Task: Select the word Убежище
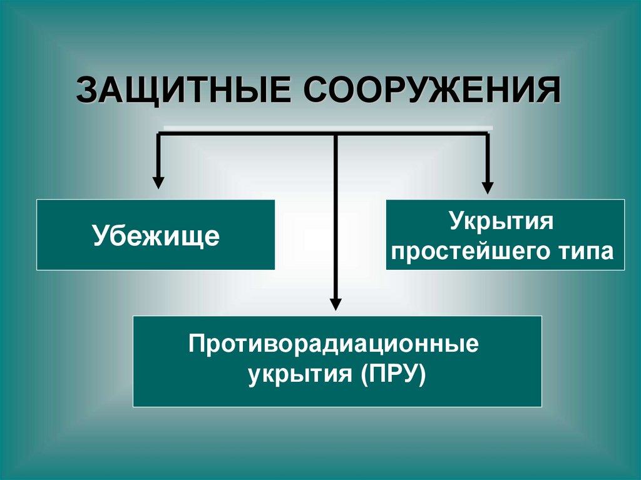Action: coord(156,236)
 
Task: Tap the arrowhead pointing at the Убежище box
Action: coord(158,183)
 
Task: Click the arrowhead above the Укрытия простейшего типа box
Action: coord(488,187)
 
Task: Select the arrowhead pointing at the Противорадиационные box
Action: coord(336,305)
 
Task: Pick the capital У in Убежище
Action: coord(100,236)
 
